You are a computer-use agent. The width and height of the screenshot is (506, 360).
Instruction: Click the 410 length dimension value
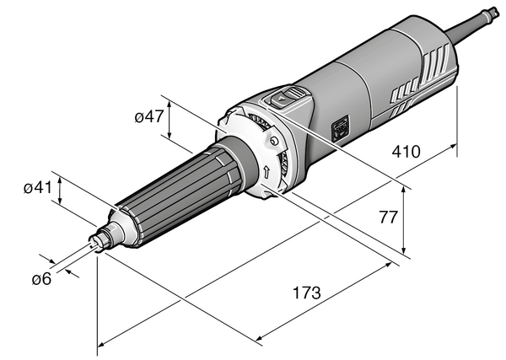(x=406, y=152)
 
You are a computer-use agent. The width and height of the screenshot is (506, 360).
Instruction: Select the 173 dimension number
(x=307, y=293)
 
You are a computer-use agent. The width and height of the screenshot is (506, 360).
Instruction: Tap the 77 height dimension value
(x=388, y=218)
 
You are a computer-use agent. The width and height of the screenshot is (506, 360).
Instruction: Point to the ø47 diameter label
(x=149, y=116)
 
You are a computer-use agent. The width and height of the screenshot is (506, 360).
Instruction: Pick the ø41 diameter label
(x=38, y=187)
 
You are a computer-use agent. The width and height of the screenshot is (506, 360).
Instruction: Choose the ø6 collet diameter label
(x=41, y=278)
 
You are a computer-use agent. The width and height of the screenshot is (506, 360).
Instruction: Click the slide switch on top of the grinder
(x=286, y=97)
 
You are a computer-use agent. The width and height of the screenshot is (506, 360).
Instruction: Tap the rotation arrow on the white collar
(x=266, y=172)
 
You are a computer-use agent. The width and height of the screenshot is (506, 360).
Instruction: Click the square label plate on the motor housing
(x=340, y=128)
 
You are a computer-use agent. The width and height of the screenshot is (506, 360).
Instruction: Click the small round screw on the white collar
(x=273, y=141)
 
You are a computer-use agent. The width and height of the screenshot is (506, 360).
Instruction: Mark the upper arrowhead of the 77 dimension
(x=403, y=190)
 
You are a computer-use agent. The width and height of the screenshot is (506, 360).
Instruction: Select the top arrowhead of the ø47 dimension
(x=170, y=103)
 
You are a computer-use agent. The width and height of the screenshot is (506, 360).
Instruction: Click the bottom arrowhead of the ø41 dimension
(x=60, y=201)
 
